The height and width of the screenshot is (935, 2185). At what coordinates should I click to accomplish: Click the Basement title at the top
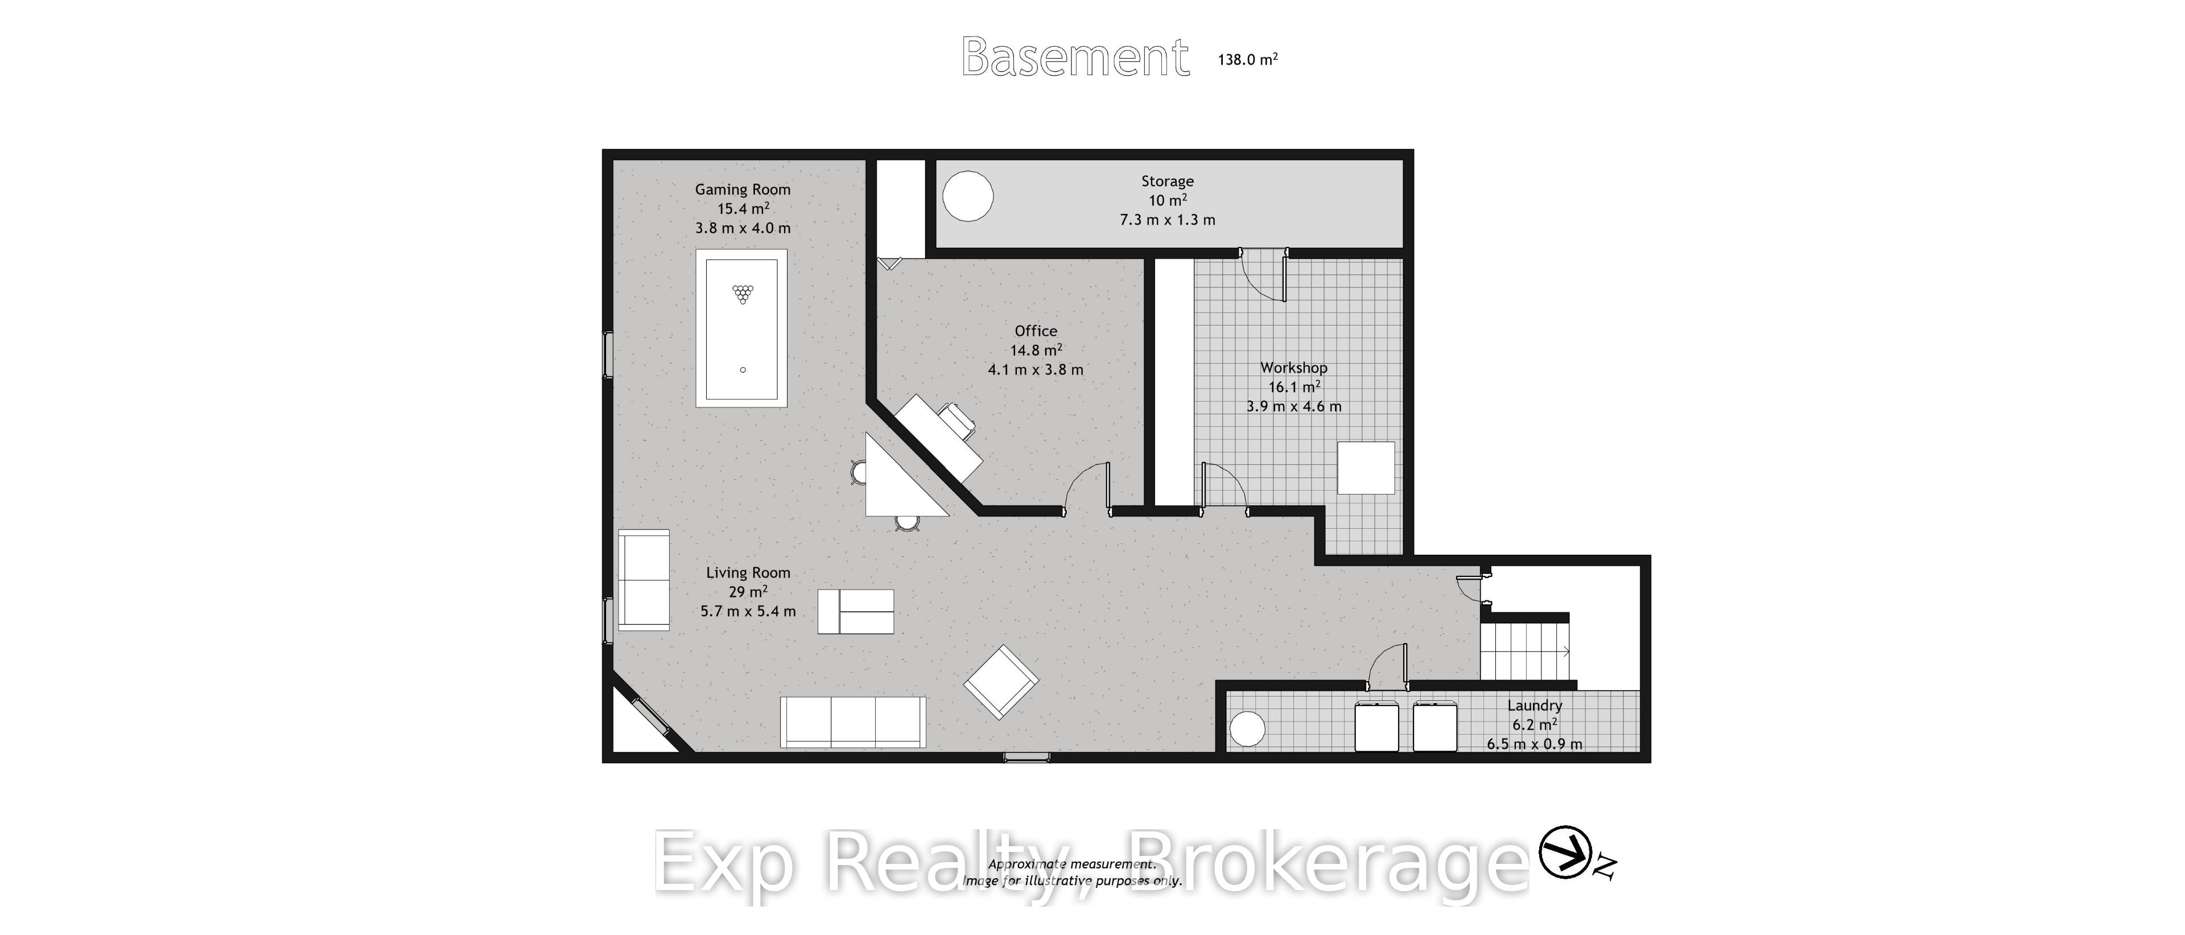1075,57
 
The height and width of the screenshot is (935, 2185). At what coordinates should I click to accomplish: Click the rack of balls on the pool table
743,294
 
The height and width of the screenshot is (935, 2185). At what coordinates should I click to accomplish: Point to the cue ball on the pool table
743,370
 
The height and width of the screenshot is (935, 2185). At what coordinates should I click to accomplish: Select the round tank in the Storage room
968,196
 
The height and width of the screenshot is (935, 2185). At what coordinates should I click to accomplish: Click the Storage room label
1167,181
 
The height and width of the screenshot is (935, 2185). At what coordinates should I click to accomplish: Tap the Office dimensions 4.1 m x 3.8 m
1036,370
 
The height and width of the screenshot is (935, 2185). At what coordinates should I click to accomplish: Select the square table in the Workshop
1366,468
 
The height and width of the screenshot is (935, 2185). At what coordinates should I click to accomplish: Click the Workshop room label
1293,368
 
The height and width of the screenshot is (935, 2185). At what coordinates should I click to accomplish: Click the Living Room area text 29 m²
748,591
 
